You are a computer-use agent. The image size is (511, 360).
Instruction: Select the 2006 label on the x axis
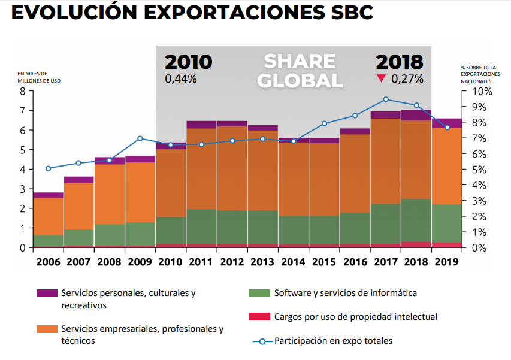click(x=48, y=262)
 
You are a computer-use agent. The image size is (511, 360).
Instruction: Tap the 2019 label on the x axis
click(x=447, y=262)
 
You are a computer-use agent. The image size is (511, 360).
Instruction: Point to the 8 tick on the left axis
click(x=23, y=92)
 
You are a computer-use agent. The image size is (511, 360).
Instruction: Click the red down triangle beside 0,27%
click(x=380, y=78)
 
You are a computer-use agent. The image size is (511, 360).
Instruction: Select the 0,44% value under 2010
click(x=181, y=79)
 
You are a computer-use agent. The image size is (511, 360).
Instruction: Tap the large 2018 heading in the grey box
click(x=400, y=62)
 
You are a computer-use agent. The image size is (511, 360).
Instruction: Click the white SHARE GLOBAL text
click(x=300, y=71)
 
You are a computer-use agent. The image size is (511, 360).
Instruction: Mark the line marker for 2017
click(x=385, y=99)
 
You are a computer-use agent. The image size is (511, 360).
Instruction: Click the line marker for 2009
click(x=140, y=138)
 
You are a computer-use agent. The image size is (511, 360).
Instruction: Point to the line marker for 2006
click(x=48, y=168)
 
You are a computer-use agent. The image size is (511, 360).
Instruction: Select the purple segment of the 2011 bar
click(x=201, y=125)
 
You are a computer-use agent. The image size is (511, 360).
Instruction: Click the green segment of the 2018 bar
click(x=416, y=220)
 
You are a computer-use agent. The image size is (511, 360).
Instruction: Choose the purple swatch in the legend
click(x=47, y=294)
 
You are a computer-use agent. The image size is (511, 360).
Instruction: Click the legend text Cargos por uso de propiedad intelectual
click(x=355, y=317)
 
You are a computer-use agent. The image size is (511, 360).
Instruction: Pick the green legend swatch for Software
click(x=259, y=294)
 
